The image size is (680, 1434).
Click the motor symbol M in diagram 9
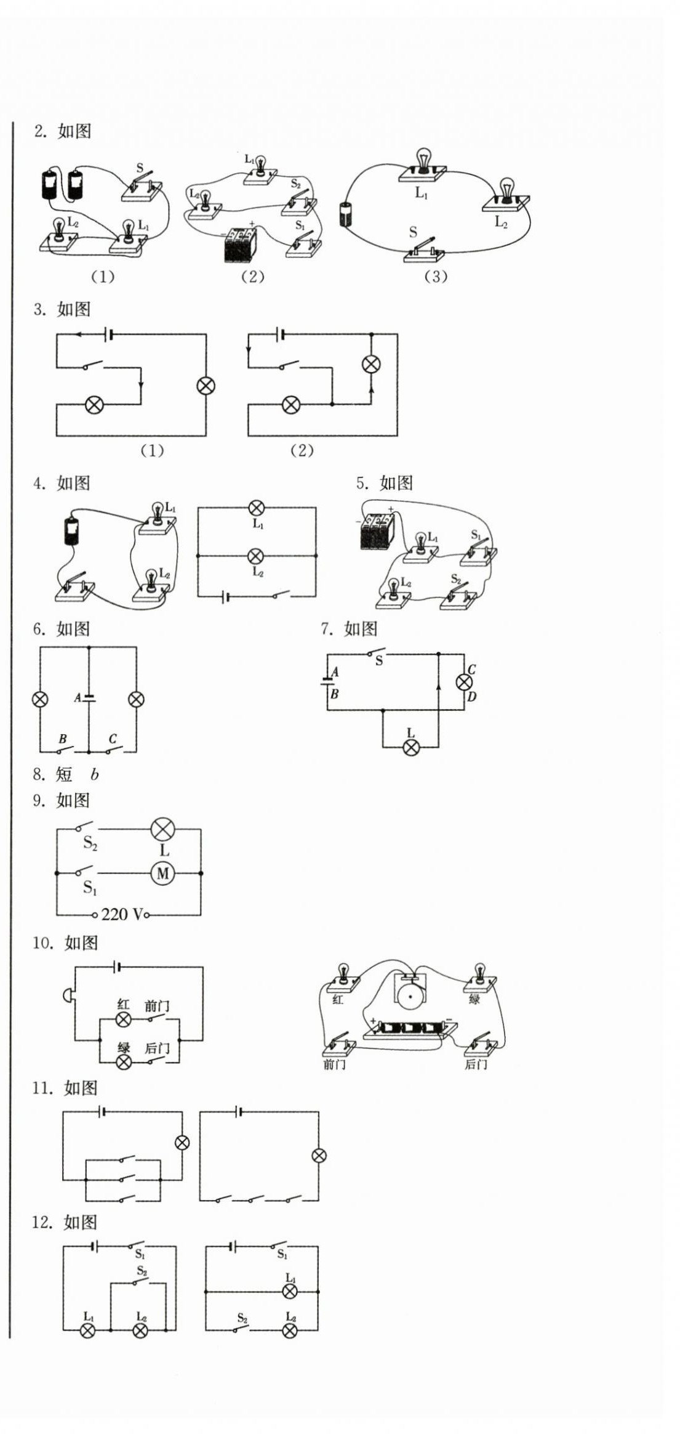click(162, 873)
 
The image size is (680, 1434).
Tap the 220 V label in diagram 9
click(122, 914)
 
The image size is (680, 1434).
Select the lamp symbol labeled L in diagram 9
click(162, 829)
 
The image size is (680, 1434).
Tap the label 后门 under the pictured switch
click(476, 1064)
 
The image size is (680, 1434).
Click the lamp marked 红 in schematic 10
click(124, 1019)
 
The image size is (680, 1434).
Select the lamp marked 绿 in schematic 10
click(124, 1061)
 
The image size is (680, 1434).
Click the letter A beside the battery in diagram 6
click(78, 698)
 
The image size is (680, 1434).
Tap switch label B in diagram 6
click(62, 739)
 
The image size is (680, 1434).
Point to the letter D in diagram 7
click(472, 697)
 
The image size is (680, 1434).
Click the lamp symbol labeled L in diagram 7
click(411, 747)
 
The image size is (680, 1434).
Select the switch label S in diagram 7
click(379, 661)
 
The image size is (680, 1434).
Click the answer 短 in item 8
click(64, 774)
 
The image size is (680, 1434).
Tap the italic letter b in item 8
click(94, 774)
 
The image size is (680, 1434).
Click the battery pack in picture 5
click(377, 530)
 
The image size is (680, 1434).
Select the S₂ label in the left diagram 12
click(142, 1271)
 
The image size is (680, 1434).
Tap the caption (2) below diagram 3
click(302, 450)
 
